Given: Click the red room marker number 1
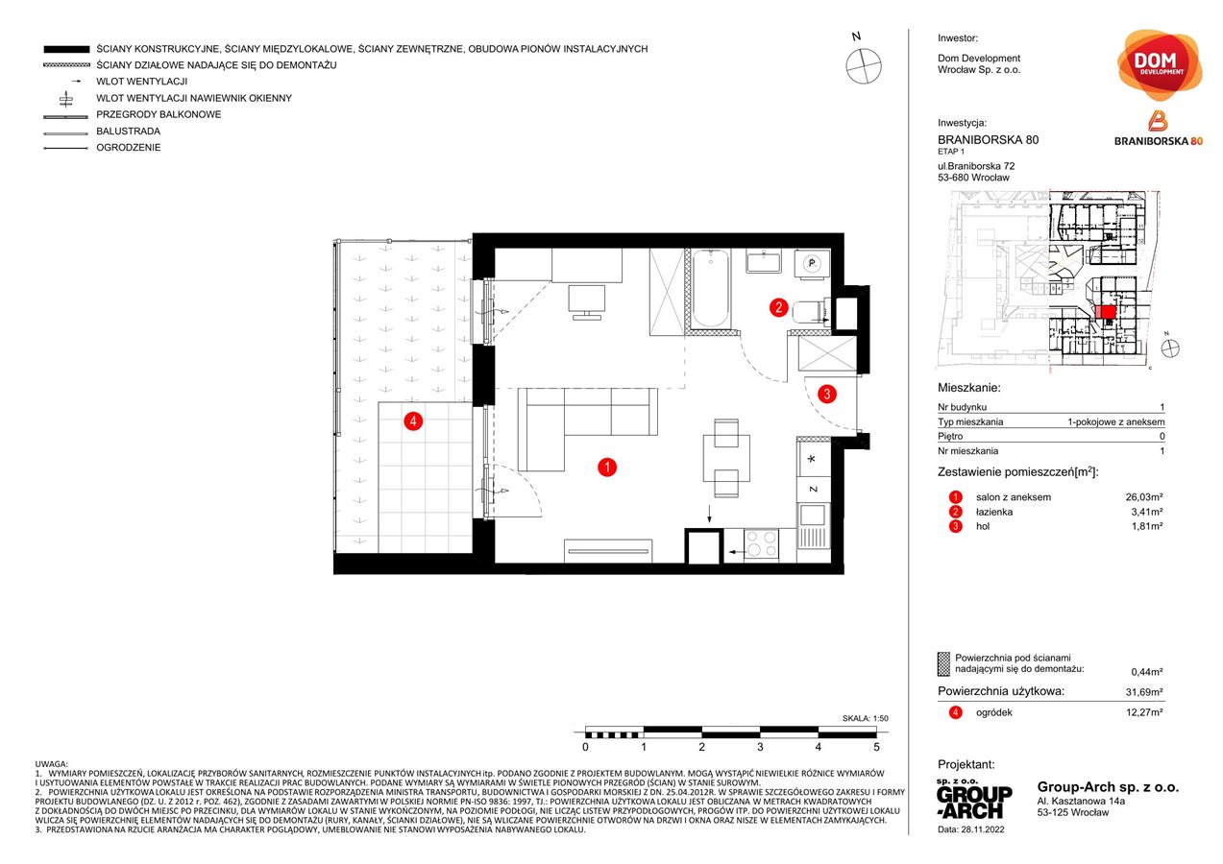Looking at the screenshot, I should coord(606,468).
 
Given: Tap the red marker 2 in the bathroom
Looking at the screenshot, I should coord(779,308).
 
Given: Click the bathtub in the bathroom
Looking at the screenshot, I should coord(711,287).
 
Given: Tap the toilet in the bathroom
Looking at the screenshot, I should coord(812,308).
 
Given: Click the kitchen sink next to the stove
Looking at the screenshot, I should coord(812,525).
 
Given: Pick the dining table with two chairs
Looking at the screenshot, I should coord(726,456).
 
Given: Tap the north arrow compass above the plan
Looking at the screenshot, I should coord(863,63).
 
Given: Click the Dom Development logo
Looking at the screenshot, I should coord(1161,65).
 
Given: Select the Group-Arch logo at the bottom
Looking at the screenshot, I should coord(973,798).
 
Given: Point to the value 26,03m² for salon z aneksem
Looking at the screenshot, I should coord(1144,497).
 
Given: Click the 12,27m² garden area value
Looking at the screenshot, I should coord(1144,712).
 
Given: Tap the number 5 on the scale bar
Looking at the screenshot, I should coord(876,746).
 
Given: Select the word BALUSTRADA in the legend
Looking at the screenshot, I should coord(128,132).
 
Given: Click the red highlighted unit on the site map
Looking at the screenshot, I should coord(1106,311).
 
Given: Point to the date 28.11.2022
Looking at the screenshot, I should coord(973,828).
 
